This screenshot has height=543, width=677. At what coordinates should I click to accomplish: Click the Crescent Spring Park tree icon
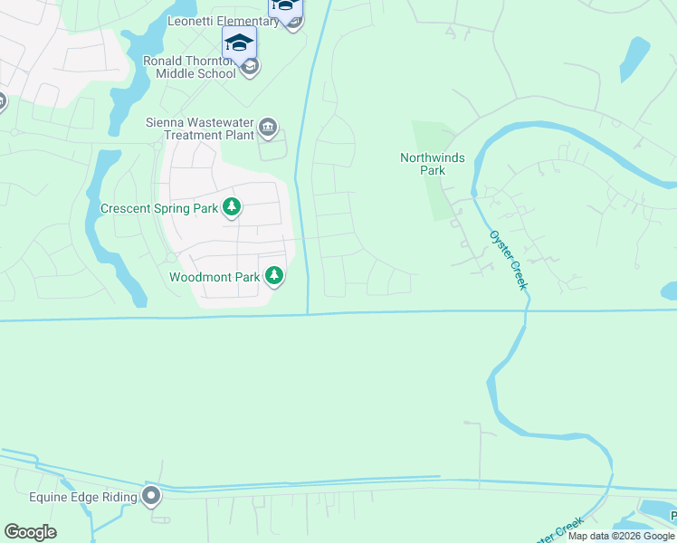tap(232, 207)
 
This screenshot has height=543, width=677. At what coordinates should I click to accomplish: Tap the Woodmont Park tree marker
tap(274, 276)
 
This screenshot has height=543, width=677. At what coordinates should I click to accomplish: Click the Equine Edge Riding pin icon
tap(151, 496)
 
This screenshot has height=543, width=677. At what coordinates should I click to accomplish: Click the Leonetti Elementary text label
tap(223, 21)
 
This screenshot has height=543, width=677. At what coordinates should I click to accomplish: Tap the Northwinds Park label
tap(433, 164)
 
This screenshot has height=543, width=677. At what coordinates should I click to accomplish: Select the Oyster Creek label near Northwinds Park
tap(508, 260)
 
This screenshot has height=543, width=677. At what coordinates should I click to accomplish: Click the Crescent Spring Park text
tap(159, 208)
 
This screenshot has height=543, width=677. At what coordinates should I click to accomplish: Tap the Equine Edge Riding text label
tap(82, 497)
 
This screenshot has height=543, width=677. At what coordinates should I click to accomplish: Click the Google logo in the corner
tap(30, 532)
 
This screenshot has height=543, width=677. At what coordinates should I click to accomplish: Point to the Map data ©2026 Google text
tap(621, 536)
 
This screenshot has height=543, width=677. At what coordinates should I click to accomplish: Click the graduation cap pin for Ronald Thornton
tap(239, 43)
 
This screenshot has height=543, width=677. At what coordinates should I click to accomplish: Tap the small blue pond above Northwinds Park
tap(634, 59)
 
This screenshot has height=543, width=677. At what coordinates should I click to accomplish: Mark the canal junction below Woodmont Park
tap(308, 314)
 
